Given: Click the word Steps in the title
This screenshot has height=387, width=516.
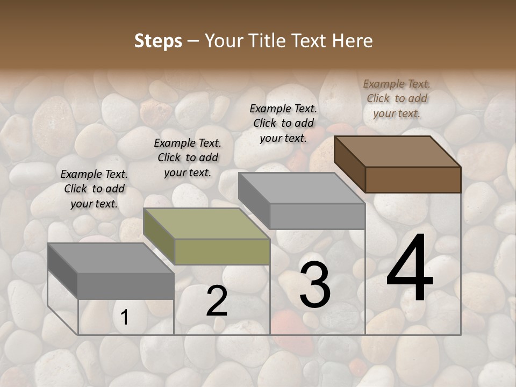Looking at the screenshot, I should [158, 41].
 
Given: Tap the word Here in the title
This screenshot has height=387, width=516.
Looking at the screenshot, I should [351, 41].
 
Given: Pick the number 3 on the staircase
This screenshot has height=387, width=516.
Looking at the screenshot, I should [315, 285].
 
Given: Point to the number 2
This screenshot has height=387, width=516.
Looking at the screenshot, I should [217, 301].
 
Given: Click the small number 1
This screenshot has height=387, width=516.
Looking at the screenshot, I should [125, 318].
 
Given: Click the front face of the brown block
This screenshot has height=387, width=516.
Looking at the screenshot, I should [413, 180].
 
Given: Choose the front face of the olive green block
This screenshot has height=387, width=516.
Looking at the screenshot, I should [222, 252].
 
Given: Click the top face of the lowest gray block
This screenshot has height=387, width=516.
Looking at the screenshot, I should [110, 257].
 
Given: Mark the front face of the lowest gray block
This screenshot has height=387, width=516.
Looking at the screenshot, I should [126, 286].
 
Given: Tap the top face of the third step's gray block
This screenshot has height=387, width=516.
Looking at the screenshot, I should [301, 188].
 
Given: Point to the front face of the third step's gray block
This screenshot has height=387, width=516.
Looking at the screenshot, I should [317, 216].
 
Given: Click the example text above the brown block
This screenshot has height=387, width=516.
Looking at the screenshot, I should [397, 98].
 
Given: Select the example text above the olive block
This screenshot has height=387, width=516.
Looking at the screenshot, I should [188, 157].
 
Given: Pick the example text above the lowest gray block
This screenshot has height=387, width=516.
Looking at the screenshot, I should [94, 189].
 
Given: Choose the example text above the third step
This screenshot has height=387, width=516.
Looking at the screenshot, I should [283, 123].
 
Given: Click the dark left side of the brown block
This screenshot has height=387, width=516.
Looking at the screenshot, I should [349, 163].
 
